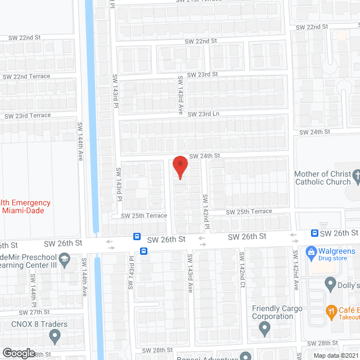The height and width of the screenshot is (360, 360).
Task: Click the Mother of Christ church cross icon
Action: (x=355, y=178)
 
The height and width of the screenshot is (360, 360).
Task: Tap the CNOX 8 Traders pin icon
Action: (x=55, y=336)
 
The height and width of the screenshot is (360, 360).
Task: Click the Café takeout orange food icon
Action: (x=332, y=310)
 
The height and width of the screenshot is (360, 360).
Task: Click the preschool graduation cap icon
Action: (x=64, y=259)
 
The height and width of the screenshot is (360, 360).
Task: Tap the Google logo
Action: (x=19, y=353)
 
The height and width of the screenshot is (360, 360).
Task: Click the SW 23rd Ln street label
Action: (x=203, y=114)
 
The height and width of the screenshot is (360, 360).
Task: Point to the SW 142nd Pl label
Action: (x=206, y=212)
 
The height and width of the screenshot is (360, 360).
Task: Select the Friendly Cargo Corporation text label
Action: (x=277, y=312)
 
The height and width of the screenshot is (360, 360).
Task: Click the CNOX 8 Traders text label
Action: (x=39, y=324)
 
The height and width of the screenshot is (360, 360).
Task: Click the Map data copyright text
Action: (x=336, y=355)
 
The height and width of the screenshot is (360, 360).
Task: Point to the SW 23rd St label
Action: (x=202, y=74)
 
